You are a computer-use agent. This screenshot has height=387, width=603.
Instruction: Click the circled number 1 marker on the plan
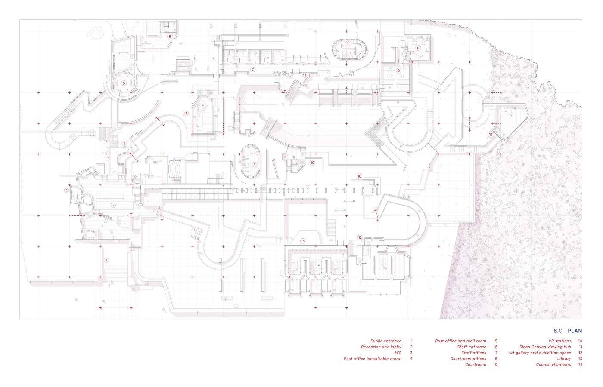106,260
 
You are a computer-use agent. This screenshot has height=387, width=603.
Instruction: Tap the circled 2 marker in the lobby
113,205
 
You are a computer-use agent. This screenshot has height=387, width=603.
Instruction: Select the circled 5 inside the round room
124,83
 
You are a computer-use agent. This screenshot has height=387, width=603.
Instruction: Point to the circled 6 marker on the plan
170,36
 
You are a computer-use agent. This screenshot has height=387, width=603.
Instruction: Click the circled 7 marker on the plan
252,70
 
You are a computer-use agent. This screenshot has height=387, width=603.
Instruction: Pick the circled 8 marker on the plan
418,48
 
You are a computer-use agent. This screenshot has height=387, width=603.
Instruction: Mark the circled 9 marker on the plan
399,71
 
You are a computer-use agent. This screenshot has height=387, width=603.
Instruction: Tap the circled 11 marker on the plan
491,134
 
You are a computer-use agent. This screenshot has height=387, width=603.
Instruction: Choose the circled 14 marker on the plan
186,113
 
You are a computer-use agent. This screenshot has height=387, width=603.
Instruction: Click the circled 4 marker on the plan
124,144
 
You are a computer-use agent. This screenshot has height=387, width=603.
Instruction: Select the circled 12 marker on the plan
360,237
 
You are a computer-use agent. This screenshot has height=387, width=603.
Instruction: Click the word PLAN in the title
575,331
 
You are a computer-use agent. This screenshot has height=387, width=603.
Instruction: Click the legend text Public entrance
386,341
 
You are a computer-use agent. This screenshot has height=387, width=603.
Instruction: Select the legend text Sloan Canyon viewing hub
545,347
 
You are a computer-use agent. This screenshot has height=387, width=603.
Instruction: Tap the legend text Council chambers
553,365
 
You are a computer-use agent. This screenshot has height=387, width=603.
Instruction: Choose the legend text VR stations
559,341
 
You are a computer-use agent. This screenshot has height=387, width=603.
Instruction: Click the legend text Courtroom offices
468,359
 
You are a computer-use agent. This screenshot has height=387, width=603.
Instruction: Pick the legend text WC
398,353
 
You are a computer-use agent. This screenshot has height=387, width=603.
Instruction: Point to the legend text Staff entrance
472,347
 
